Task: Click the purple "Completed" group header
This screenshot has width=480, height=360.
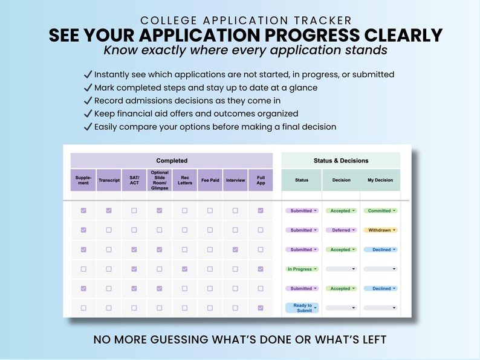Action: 172,161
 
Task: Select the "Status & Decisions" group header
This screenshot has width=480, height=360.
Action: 340,161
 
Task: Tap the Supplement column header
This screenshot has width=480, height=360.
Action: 83,180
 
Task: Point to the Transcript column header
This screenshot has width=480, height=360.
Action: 109,180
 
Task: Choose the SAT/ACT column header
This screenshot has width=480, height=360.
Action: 134,180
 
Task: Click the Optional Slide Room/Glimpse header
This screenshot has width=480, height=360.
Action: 160,180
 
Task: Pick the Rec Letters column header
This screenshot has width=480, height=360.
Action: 185,180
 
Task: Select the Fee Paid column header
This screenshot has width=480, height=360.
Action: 210,180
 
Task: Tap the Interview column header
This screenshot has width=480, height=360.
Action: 235,180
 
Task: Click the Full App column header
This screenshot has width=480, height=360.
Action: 261,180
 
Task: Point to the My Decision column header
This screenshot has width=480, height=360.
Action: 380,180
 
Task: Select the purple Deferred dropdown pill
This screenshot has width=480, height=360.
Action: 341,230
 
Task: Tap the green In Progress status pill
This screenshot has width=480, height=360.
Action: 302,269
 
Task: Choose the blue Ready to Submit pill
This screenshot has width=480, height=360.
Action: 302,308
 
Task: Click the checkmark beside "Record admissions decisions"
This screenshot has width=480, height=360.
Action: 88,101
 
